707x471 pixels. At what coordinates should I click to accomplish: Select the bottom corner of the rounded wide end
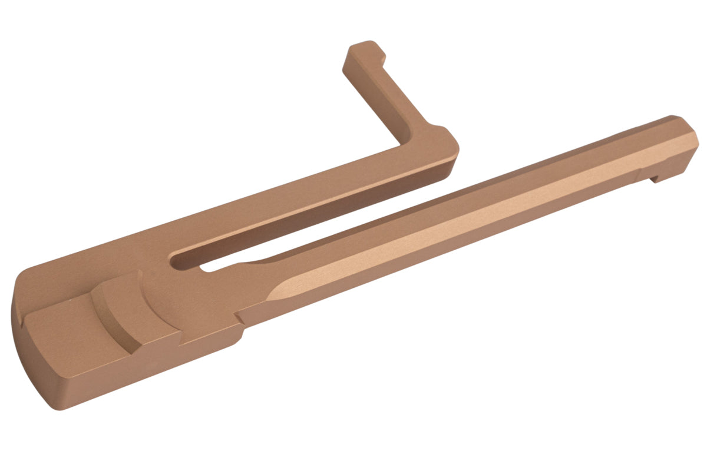[57, 406]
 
